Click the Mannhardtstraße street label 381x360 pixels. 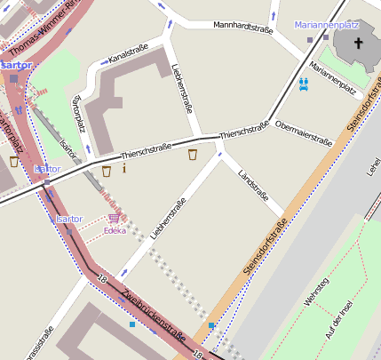tap(242, 28)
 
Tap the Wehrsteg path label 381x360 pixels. tap(316, 292)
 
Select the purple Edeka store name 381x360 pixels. tap(115, 230)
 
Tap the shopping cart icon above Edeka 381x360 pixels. tap(113, 218)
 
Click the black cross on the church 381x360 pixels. tap(360, 43)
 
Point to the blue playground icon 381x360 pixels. tap(304, 84)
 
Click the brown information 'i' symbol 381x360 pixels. tap(124, 168)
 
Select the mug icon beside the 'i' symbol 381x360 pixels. tap(107, 170)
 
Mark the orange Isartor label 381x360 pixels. tap(16, 65)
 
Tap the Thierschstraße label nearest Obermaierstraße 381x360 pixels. tap(243, 130)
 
